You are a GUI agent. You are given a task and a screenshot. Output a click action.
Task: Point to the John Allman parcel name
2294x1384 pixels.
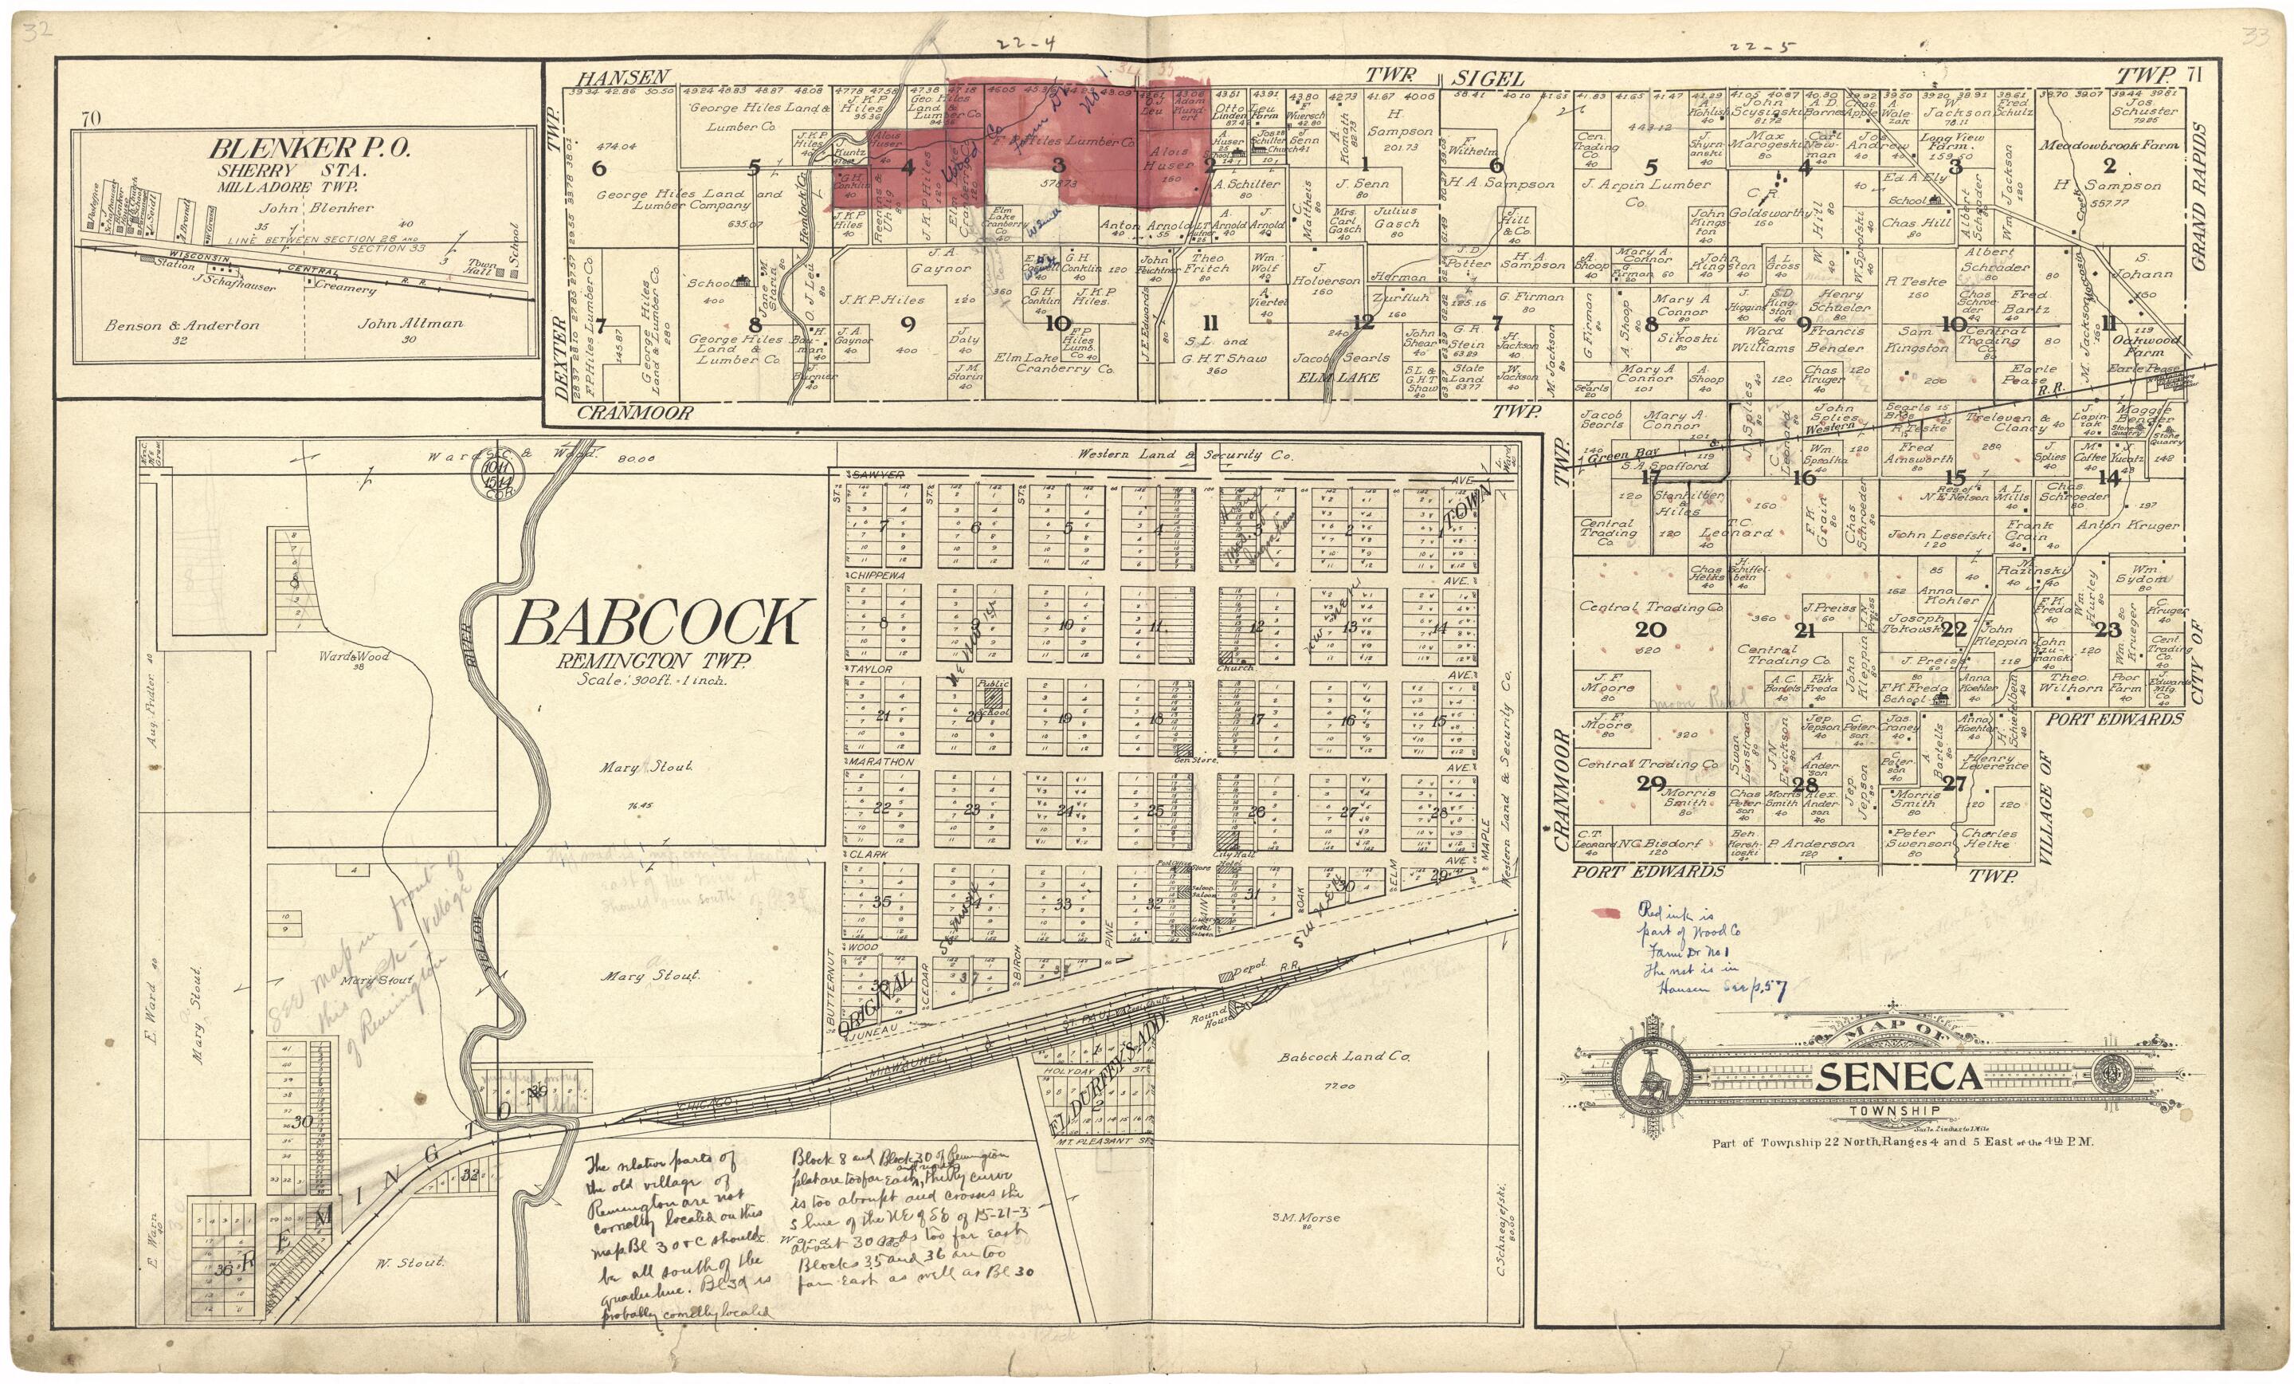(x=410, y=324)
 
